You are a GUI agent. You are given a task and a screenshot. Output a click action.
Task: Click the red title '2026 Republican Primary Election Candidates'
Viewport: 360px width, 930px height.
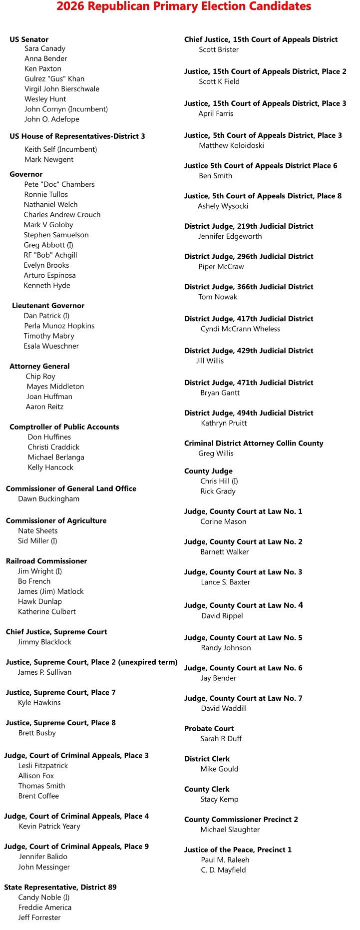coord(184,6)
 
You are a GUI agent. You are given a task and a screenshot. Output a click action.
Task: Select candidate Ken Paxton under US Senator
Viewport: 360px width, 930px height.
coord(43,69)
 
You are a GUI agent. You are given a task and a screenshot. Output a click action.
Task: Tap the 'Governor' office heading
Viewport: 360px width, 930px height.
coord(26,174)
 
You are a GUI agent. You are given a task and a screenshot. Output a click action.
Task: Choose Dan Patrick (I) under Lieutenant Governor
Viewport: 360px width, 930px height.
coord(46,316)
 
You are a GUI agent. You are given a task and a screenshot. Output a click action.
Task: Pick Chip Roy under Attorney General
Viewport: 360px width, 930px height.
coord(40,377)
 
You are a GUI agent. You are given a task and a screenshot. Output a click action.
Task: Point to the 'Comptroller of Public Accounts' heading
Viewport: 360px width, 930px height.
coord(64,427)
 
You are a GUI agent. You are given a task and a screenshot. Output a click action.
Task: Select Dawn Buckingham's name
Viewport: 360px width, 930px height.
coord(48,499)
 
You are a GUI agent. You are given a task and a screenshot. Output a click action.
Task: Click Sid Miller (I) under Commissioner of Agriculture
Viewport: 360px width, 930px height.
coord(37,541)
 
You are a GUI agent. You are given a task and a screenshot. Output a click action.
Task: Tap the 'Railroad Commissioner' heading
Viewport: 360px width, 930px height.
coord(46,561)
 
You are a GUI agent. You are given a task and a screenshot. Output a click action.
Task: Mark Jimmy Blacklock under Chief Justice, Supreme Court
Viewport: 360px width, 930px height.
coord(44,642)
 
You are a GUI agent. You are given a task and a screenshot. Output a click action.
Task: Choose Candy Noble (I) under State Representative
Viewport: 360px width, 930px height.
coord(44,898)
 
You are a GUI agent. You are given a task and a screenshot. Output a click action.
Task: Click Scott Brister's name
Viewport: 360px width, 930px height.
coord(219,50)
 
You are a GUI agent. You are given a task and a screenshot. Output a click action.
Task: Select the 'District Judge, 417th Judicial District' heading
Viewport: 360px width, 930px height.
coord(249,319)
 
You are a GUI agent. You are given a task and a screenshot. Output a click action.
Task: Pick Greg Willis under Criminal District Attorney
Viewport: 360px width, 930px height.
coord(216,454)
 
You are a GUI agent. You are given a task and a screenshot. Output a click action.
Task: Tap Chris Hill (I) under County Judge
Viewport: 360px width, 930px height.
coord(219,481)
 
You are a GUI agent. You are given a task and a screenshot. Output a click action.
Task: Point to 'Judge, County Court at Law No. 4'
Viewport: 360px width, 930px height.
coord(244,605)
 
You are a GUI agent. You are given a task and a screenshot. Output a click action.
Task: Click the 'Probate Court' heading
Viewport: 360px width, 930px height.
coord(209,729)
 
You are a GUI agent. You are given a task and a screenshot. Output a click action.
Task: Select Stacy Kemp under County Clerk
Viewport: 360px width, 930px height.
coord(219,800)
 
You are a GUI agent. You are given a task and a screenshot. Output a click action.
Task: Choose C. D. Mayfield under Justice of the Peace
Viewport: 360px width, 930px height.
coord(223,870)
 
